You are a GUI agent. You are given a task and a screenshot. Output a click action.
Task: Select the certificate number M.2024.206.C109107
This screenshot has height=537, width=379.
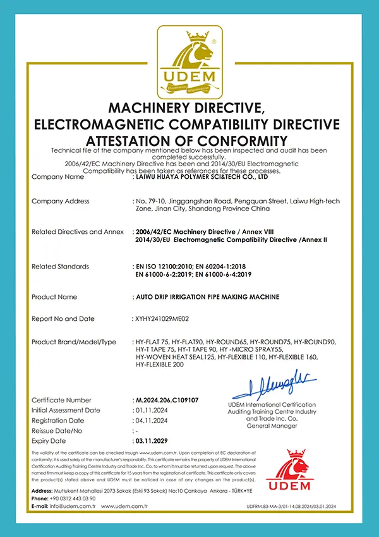click(167, 401)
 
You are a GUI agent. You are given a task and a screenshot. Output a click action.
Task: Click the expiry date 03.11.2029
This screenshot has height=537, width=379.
click(153, 440)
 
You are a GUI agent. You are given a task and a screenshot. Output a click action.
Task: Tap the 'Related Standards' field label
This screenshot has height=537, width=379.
click(60, 267)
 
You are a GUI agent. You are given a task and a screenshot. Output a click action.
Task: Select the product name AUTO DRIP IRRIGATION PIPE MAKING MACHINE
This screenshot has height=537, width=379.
click(208, 297)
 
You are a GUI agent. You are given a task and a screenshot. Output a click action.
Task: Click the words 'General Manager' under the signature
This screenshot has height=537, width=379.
click(272, 426)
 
